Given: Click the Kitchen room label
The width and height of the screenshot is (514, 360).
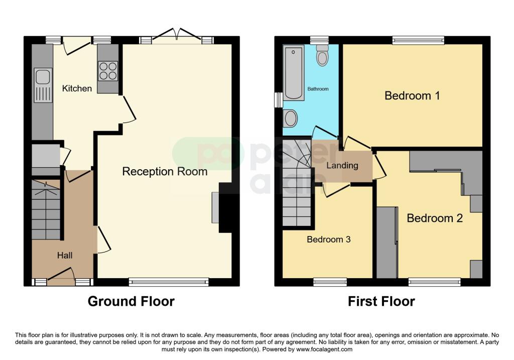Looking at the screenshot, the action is click(77, 88).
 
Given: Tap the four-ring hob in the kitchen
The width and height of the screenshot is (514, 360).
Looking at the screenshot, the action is click(108, 71).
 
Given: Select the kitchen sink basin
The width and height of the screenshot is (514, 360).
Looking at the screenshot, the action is click(43, 77).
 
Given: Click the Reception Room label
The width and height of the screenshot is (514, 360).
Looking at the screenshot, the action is click(165, 172).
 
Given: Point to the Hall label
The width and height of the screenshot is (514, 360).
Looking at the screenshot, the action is click(65, 256).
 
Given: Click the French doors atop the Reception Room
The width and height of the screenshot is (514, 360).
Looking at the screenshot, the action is click(177, 36).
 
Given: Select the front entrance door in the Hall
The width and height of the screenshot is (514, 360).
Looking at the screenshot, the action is click(61, 276).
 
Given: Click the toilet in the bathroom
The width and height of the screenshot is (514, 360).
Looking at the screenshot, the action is click(323, 55).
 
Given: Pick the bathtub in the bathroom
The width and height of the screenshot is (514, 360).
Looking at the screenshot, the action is click(293, 73).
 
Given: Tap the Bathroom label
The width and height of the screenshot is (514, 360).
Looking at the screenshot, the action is click(318, 89).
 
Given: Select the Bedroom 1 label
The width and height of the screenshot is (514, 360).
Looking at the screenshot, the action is click(412, 96).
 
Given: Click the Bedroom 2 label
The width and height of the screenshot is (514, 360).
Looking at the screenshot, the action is click(435, 218).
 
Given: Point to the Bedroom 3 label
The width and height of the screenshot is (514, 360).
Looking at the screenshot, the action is click(328, 239).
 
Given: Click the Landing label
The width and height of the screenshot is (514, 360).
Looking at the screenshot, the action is click(342, 166).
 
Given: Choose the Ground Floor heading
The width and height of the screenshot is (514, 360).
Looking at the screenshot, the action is click(131, 301).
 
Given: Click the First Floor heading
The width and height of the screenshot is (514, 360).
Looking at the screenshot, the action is click(381, 301).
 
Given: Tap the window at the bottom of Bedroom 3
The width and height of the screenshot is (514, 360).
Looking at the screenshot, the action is click(330, 282).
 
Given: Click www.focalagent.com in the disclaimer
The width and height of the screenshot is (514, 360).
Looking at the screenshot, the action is click(324, 349).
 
